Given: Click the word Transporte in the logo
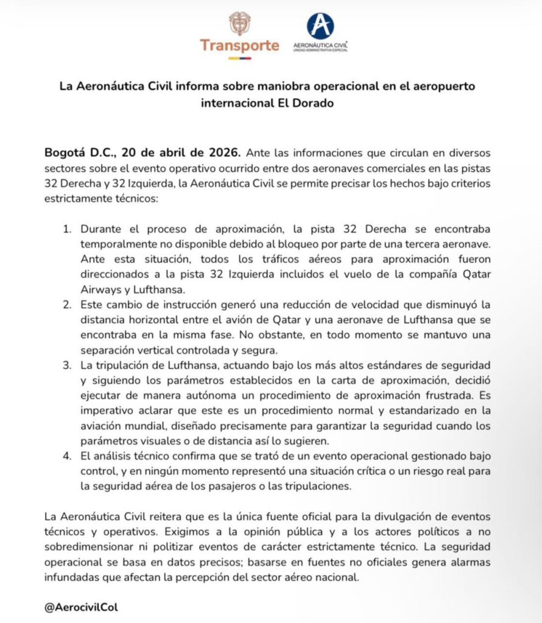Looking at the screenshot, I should (239, 46).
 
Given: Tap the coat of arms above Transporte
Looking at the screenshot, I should (239, 23).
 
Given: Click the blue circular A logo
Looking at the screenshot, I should (320, 26).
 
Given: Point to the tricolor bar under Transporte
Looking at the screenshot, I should (239, 58).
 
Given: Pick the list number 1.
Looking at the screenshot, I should (68, 229).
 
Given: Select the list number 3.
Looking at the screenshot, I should (68, 365).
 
